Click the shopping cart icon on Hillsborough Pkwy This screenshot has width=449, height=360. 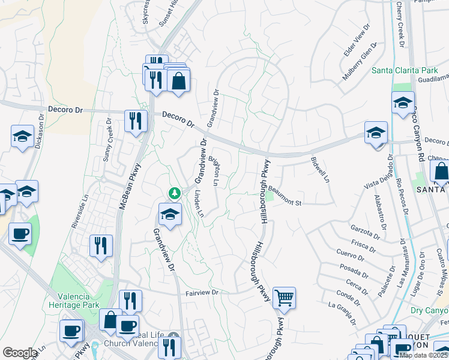coord(284,298)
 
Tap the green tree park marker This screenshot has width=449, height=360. coord(174,193)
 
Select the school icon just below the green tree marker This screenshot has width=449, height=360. coord(170,215)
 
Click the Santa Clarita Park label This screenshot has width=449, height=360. coord(405,70)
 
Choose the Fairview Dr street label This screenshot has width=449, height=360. coord(204,293)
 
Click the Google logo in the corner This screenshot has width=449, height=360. coord(20,353)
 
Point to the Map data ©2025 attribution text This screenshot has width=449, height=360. coord(423,355)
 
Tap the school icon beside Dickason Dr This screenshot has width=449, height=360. coord(22,137)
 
